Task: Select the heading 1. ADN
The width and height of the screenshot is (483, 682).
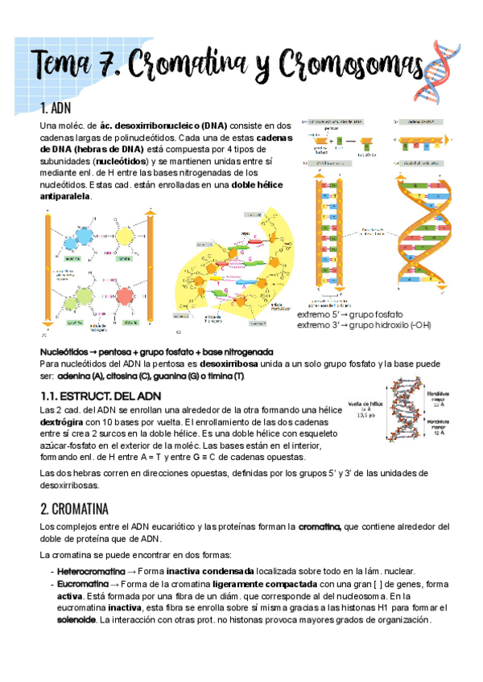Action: pos(56,109)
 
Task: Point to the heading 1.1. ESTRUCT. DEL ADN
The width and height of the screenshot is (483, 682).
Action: pos(101,396)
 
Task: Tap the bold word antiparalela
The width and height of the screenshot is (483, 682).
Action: pos(65,195)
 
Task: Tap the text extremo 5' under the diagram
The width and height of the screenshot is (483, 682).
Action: pos(320,314)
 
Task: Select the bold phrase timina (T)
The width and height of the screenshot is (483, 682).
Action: pos(229,376)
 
